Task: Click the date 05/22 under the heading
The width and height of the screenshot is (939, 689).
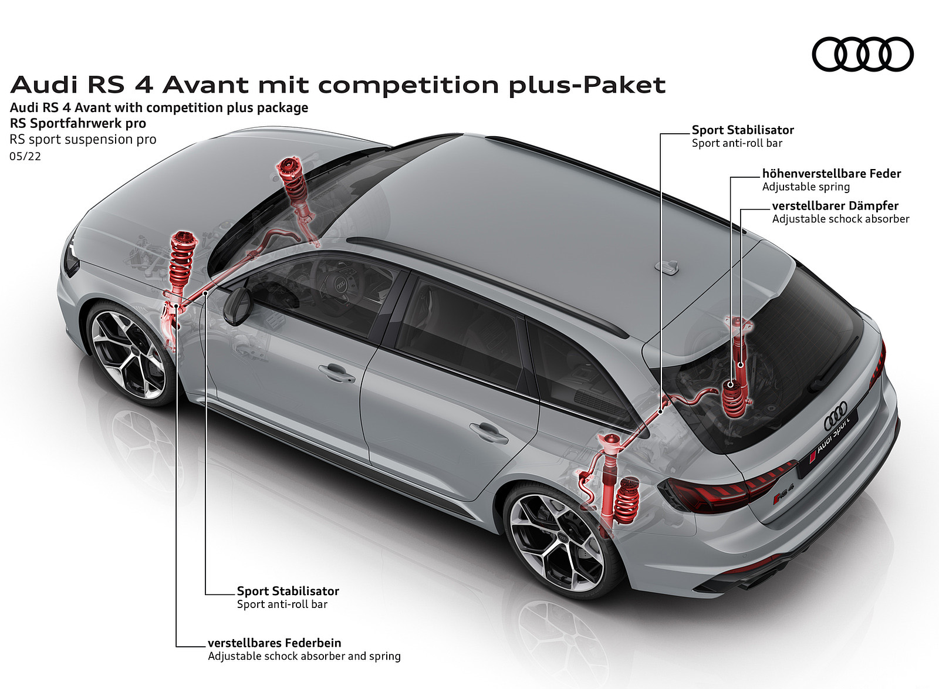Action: pos(25,156)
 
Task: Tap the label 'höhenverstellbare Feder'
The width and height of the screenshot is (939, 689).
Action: pos(832,174)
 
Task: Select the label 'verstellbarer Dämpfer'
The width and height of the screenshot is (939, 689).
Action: pos(836,206)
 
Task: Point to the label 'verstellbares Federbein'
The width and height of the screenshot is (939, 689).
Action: pos(275,643)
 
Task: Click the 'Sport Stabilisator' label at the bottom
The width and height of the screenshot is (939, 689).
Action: pos(288,591)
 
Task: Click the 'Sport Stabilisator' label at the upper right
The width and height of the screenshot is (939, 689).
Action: pos(743,130)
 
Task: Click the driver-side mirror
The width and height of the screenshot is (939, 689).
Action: pos(237,305)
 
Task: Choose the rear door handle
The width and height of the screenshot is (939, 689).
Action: pos(489,433)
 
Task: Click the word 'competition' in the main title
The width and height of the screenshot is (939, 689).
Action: pos(408,85)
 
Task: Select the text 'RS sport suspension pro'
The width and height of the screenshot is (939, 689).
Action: pos(83,140)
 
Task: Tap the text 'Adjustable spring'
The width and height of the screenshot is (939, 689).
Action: pos(806,187)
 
